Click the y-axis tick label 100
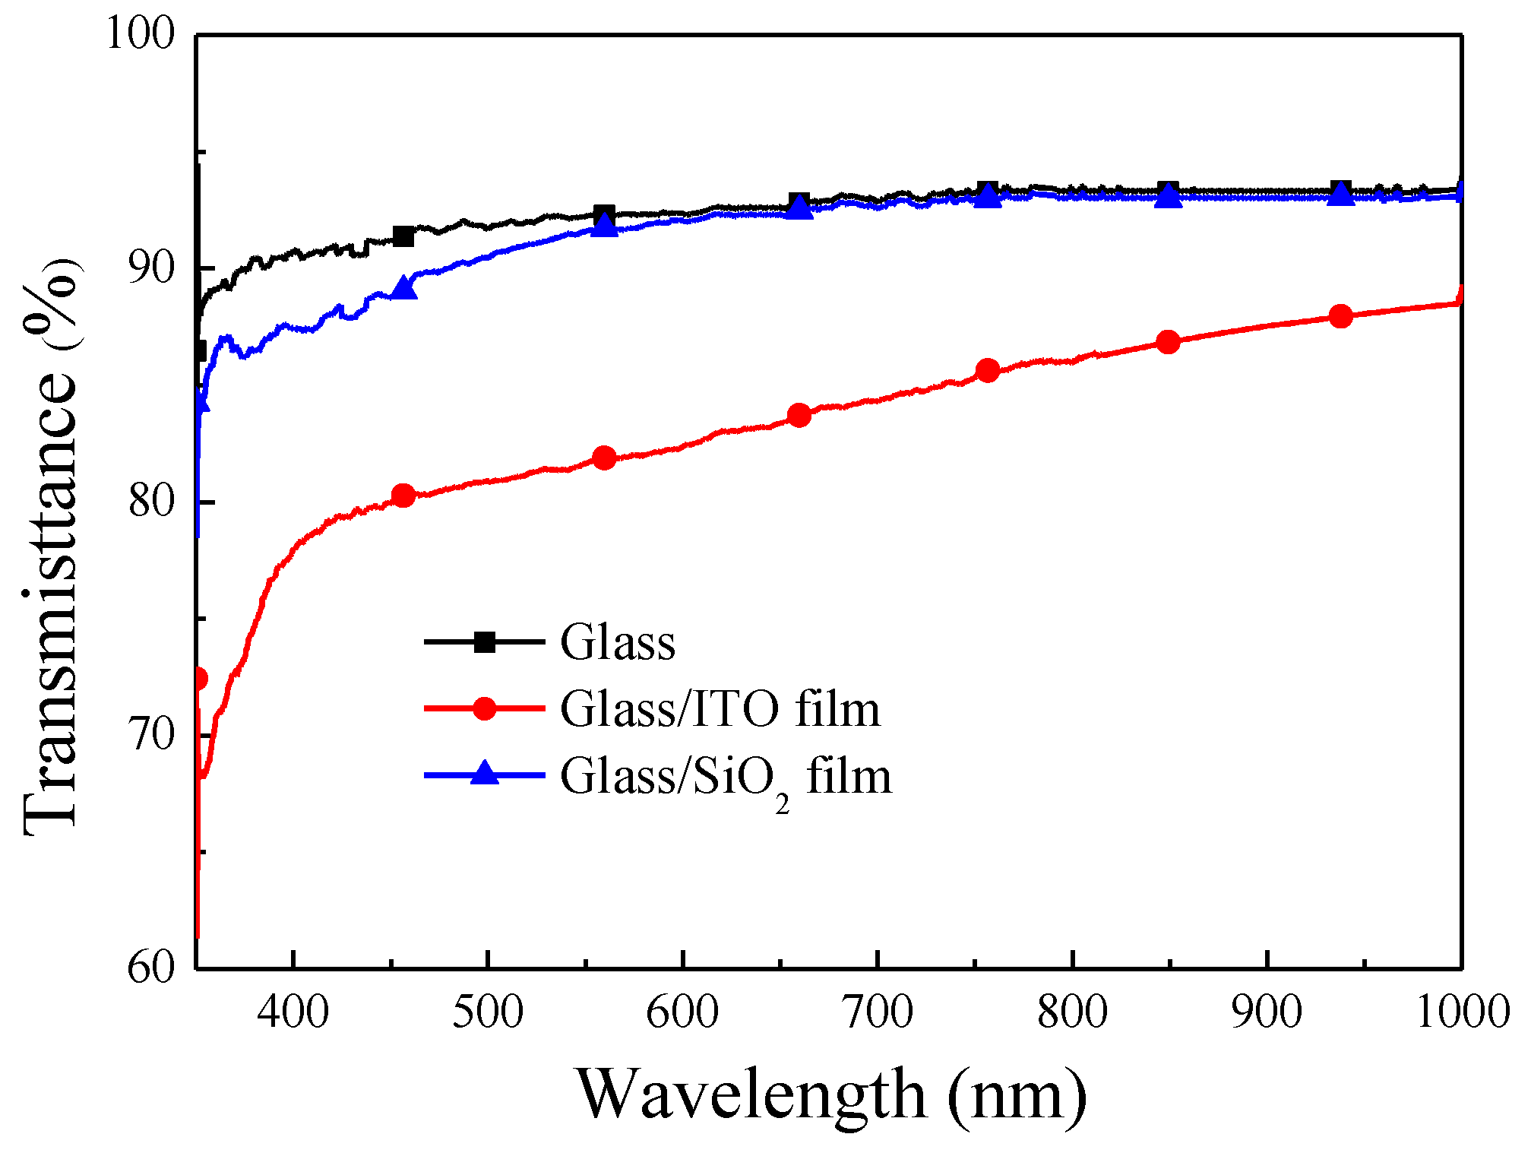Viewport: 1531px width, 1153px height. tap(141, 34)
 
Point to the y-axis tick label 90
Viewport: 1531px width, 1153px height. tap(151, 268)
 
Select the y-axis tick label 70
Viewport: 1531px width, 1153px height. tap(151, 735)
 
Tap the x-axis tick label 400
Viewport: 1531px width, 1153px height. tap(293, 1013)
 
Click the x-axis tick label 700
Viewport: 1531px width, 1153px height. tap(878, 1013)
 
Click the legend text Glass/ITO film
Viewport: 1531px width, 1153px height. tap(720, 709)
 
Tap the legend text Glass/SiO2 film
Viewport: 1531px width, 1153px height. tap(726, 778)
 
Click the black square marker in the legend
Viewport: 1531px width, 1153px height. tap(485, 642)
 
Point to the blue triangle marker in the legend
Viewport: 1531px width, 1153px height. tap(485, 774)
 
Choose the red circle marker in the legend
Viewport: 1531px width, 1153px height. tap(485, 708)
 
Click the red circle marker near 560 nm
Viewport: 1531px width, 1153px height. tap(604, 458)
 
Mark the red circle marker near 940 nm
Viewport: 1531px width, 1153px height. tap(1341, 316)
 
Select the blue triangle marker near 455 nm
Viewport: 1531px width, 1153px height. tap(404, 288)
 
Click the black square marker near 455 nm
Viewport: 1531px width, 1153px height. tap(403, 236)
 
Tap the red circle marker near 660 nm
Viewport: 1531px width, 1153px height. tap(799, 415)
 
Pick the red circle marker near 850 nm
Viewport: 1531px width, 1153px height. tap(1168, 342)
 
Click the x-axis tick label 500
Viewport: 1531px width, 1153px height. tap(487, 1013)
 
